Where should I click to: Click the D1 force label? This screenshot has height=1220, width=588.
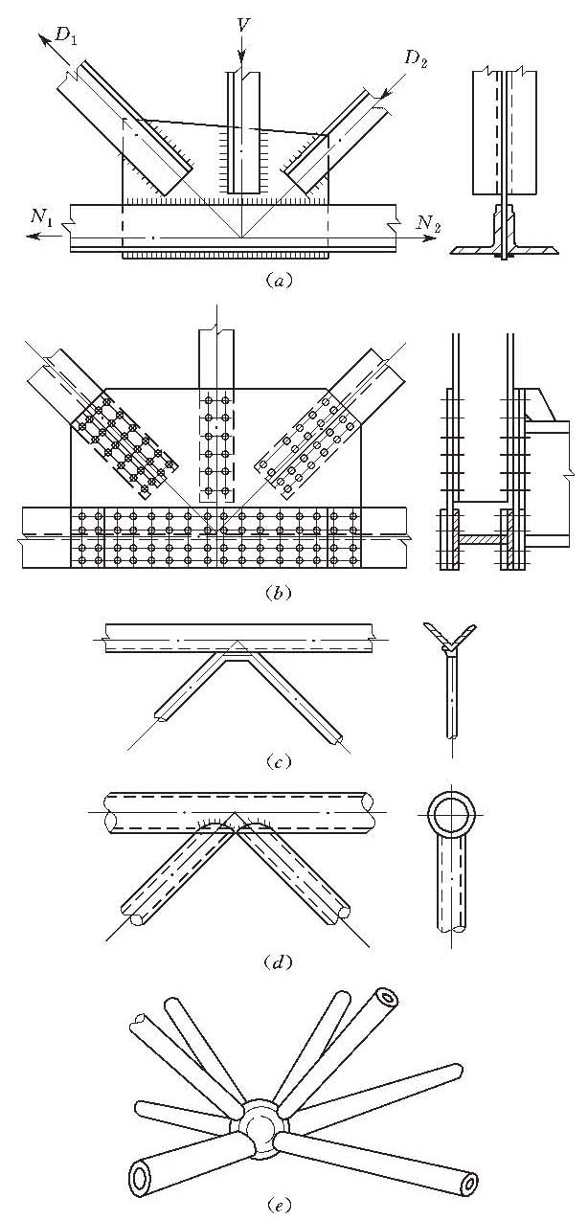pyautogui.click(x=67, y=36)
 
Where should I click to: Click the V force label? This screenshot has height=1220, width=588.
pyautogui.click(x=244, y=22)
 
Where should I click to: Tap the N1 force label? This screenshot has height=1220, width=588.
pyautogui.click(x=40, y=218)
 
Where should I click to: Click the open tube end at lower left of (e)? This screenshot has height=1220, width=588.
pyautogui.click(x=143, y=1175)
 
